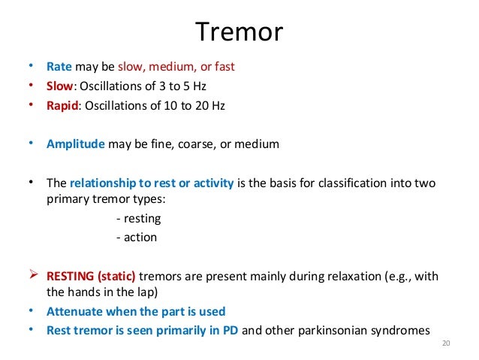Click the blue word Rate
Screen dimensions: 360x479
click(59, 66)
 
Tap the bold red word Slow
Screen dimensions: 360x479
click(61, 86)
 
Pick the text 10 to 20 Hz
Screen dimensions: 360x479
click(194, 105)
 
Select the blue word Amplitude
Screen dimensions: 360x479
click(76, 144)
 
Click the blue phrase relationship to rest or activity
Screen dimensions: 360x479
click(152, 183)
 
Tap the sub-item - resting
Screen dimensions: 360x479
click(139, 219)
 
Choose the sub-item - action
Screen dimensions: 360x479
click(137, 237)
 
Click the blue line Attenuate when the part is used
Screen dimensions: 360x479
click(136, 311)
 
